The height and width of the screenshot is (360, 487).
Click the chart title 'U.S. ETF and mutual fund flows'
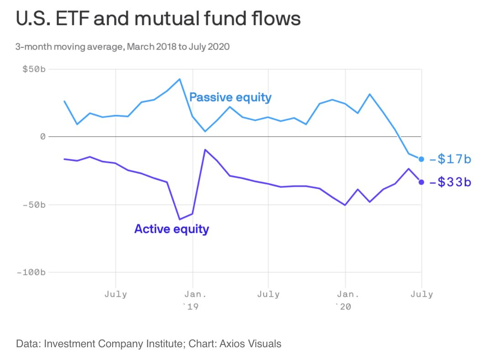(158, 20)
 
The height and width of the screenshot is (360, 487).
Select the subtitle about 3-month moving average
(122, 46)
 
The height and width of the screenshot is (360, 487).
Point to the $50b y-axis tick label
(35, 69)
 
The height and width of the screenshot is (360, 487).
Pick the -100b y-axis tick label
(31, 273)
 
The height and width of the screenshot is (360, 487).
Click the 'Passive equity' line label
(230, 97)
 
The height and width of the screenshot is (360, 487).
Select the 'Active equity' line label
(171, 228)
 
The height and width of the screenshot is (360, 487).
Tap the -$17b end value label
(450, 159)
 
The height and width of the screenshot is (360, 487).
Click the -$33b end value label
(450, 182)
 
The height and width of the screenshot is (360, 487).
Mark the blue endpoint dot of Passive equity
(421, 159)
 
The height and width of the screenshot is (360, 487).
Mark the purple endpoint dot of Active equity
(421, 182)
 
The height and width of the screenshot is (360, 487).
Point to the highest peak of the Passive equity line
(180, 79)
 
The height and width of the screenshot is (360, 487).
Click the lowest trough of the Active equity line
(180, 219)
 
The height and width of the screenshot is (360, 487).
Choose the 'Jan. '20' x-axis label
(345, 299)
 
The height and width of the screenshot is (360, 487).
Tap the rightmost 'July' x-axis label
(422, 294)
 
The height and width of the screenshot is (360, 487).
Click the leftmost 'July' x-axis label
(116, 294)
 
